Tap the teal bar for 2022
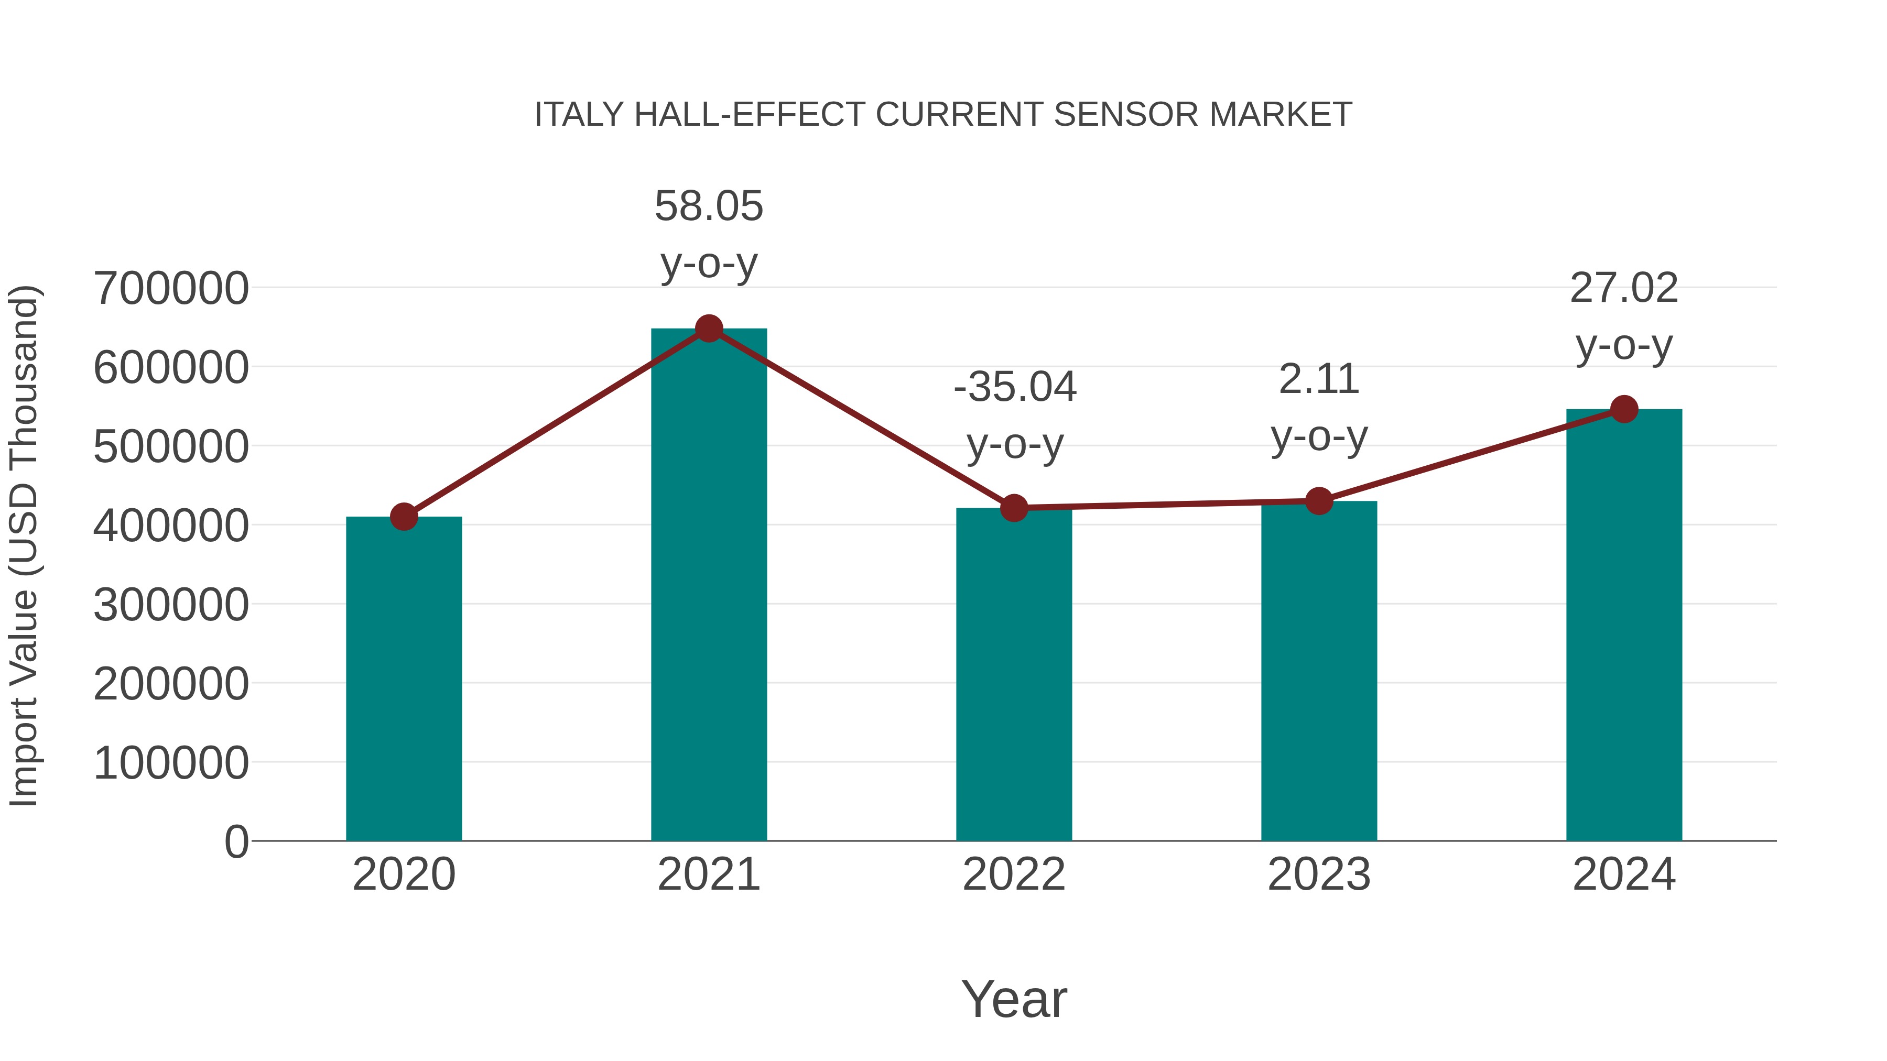tap(1014, 674)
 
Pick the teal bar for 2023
tap(1319, 670)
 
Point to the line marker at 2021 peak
tap(708, 329)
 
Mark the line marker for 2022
tap(1014, 507)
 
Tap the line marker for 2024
tap(1624, 409)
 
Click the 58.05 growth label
tap(708, 206)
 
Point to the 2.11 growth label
tap(1319, 379)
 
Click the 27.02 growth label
tap(1624, 288)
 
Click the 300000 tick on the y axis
tap(171, 605)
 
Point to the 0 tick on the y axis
tap(236, 841)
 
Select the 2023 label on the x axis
tap(1319, 874)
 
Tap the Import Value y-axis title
tap(24, 545)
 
